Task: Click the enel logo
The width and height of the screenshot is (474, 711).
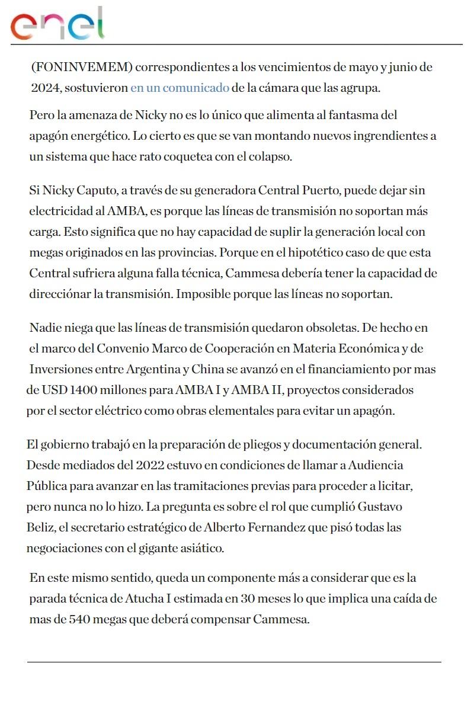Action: (57, 24)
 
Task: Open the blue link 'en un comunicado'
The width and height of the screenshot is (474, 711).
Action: (180, 88)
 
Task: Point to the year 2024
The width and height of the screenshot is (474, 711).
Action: (46, 88)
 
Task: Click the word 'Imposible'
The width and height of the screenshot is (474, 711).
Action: (201, 294)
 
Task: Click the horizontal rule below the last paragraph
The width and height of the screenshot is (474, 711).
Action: (234, 662)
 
